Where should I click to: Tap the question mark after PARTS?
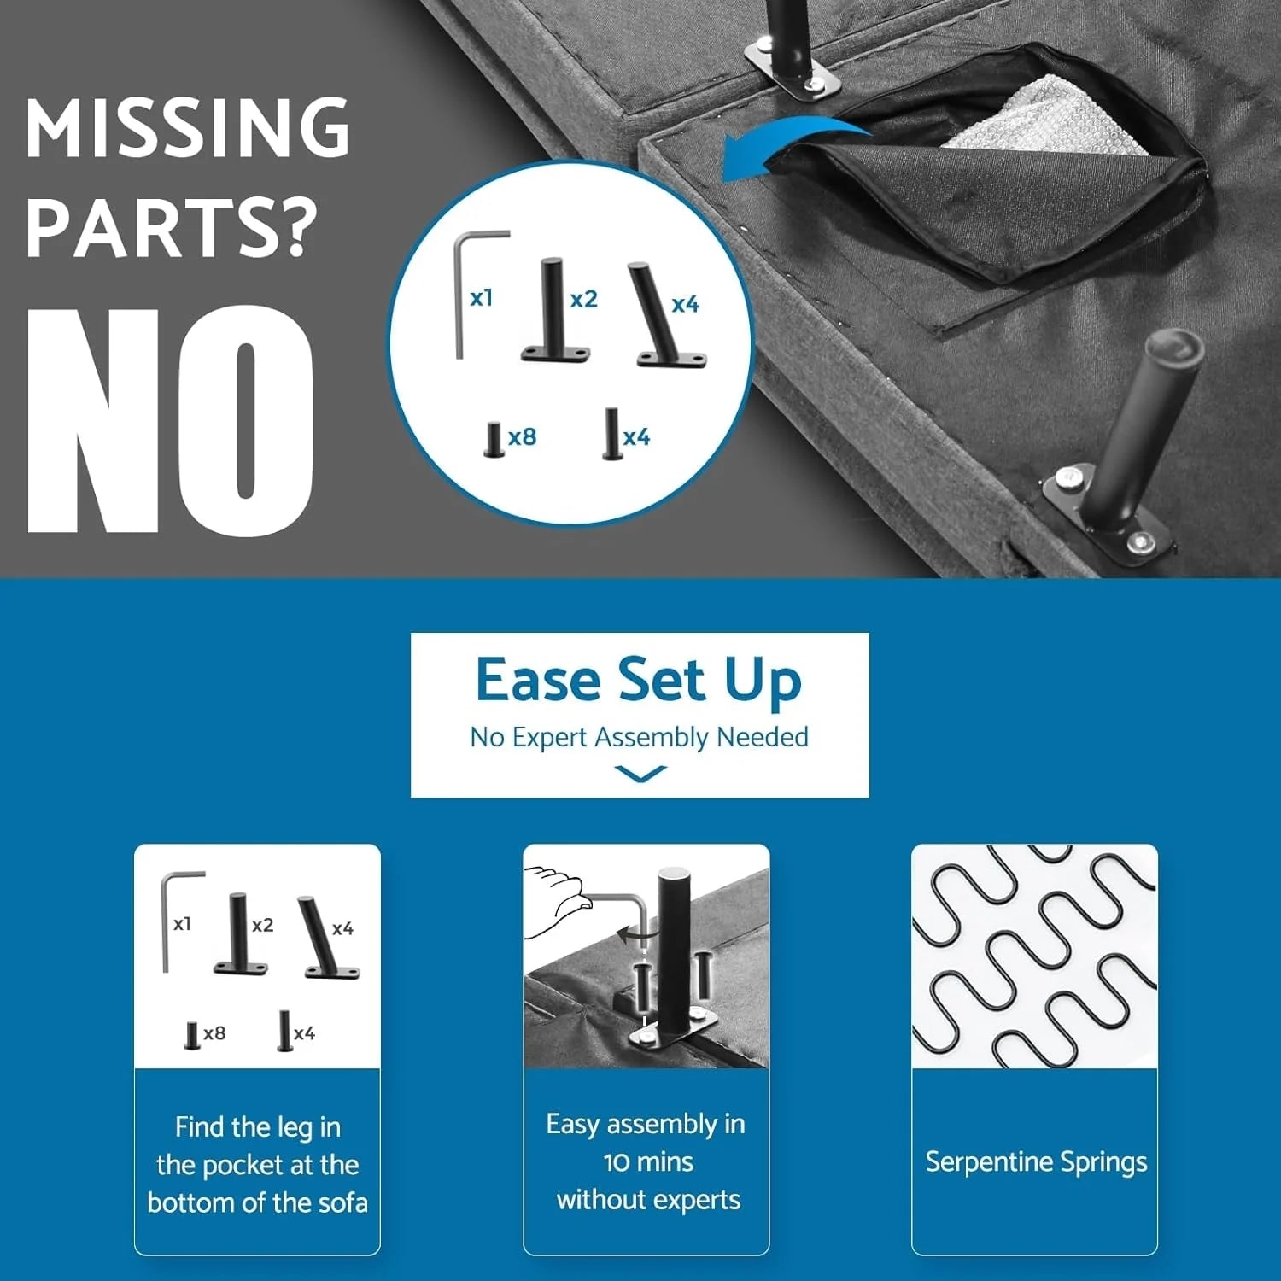(x=296, y=228)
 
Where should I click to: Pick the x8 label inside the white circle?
(x=522, y=437)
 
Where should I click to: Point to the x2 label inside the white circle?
(x=583, y=299)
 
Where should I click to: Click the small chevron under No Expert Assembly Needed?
(x=640, y=774)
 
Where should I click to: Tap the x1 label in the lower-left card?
(x=182, y=924)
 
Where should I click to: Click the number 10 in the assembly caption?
(x=617, y=1162)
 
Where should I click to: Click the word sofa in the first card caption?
(x=342, y=1203)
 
